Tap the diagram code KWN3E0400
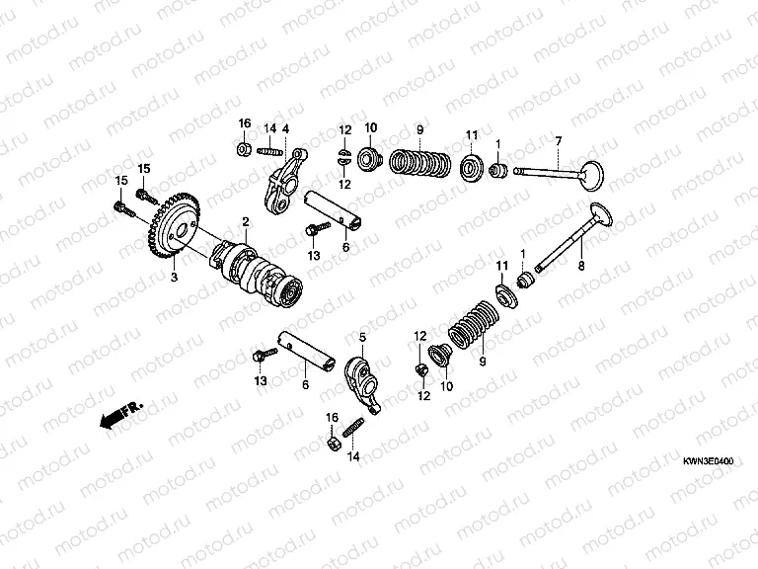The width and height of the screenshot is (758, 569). coord(708,461)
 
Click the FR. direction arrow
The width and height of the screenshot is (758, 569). coord(120,414)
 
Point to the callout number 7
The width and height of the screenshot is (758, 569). coord(559,141)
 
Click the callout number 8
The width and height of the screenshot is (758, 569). coord(581,266)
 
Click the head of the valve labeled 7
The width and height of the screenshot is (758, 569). coord(592,176)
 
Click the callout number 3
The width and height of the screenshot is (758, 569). coord(174,277)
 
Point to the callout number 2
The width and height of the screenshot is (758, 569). coord(246,222)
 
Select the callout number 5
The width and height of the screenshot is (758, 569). coord(362,337)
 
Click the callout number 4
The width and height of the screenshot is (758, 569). coord(285,129)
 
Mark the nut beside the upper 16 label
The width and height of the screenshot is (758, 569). coord(244,148)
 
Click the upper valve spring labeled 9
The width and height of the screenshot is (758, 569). coord(420,162)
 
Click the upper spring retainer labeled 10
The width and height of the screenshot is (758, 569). coord(370,158)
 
